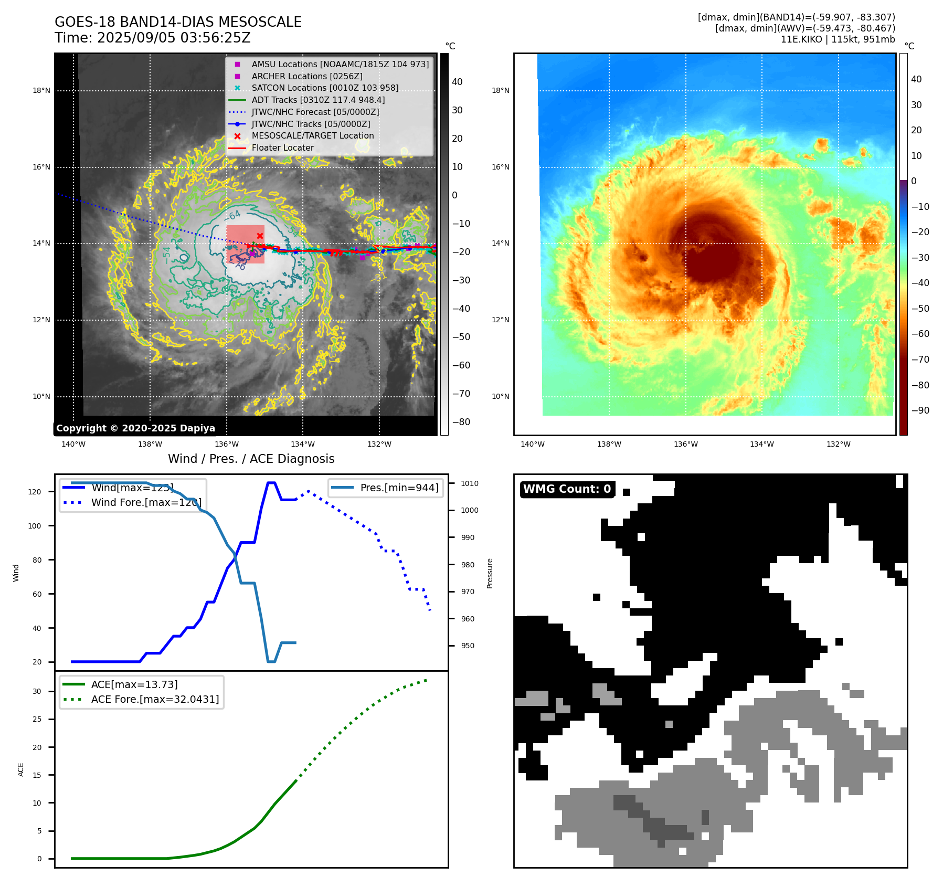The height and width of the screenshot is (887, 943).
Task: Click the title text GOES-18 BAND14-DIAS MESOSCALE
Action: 178,22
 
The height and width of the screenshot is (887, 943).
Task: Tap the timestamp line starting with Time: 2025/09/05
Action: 152,38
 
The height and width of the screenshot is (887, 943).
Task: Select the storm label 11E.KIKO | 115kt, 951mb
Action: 838,39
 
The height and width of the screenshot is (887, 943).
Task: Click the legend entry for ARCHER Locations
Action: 306,76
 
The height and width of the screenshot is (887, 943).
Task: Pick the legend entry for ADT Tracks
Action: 318,100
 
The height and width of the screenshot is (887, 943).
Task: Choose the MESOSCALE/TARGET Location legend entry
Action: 312,135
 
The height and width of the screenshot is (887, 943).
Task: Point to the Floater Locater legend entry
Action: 282,147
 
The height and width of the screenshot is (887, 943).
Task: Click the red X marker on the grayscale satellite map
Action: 260,236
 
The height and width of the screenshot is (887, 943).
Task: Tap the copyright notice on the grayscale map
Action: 135,428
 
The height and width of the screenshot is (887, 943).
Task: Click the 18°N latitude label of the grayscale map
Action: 41,90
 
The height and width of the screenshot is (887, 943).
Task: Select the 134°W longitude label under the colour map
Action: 761,444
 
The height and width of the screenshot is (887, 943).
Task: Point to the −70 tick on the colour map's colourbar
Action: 920,360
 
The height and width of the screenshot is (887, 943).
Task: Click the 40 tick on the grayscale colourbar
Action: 457,82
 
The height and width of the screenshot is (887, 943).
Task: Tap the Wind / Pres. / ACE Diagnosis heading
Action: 251,459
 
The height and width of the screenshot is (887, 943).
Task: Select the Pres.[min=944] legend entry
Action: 399,488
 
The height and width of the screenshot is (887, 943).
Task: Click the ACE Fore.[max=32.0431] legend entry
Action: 155,699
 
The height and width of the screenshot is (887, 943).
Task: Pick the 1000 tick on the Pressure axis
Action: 470,510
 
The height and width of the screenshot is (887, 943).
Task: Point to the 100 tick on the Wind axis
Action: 35,526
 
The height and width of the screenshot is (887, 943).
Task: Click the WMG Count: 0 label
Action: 567,489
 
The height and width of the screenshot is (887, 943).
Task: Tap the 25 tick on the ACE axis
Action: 37,719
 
